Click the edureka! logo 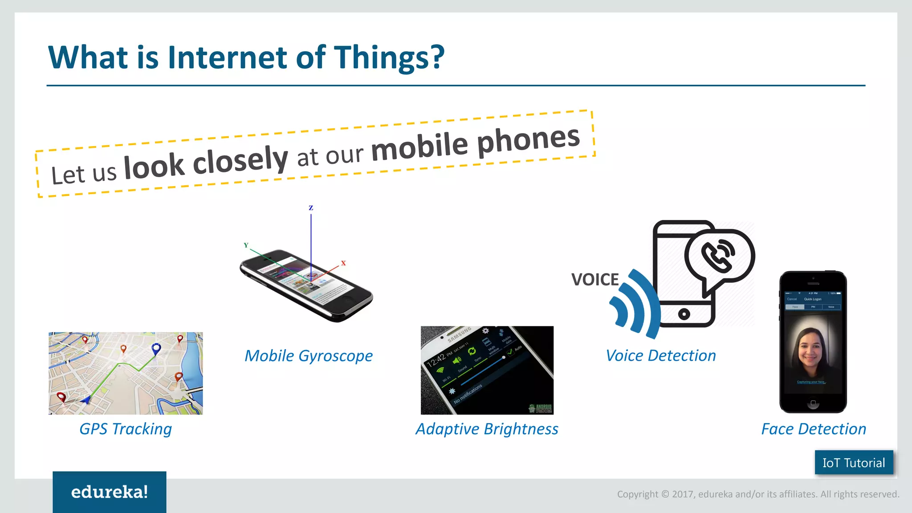[x=109, y=492]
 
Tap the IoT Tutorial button [x=853, y=463]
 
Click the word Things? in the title [x=389, y=57]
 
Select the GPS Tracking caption [x=126, y=429]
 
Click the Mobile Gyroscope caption [x=308, y=356]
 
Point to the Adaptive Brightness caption [x=487, y=429]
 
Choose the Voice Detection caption [x=661, y=356]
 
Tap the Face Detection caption [x=813, y=429]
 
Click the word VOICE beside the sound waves [x=595, y=280]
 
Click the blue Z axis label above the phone [x=311, y=208]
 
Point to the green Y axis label [x=246, y=245]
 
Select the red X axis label [x=343, y=263]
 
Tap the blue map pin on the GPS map [x=156, y=348]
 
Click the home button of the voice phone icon [x=684, y=314]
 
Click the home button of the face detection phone [x=813, y=403]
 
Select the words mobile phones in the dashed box [x=475, y=143]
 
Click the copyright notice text [x=758, y=494]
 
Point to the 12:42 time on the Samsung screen [x=436, y=360]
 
